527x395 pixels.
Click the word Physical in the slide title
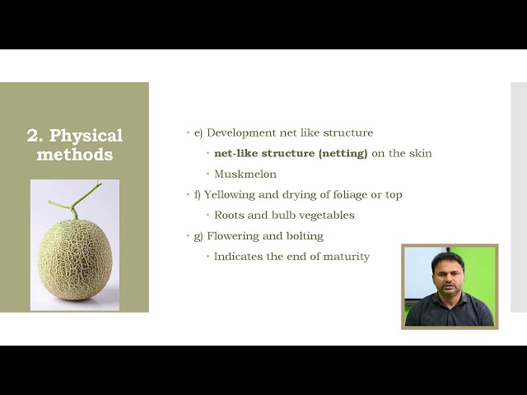(86, 136)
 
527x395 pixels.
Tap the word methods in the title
(75, 155)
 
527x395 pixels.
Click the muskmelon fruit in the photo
(74, 260)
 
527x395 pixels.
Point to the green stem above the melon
(77, 201)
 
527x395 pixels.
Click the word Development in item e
(241, 132)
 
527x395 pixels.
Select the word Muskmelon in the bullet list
(245, 174)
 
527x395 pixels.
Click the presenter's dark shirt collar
(449, 298)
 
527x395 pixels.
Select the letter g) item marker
(198, 237)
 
